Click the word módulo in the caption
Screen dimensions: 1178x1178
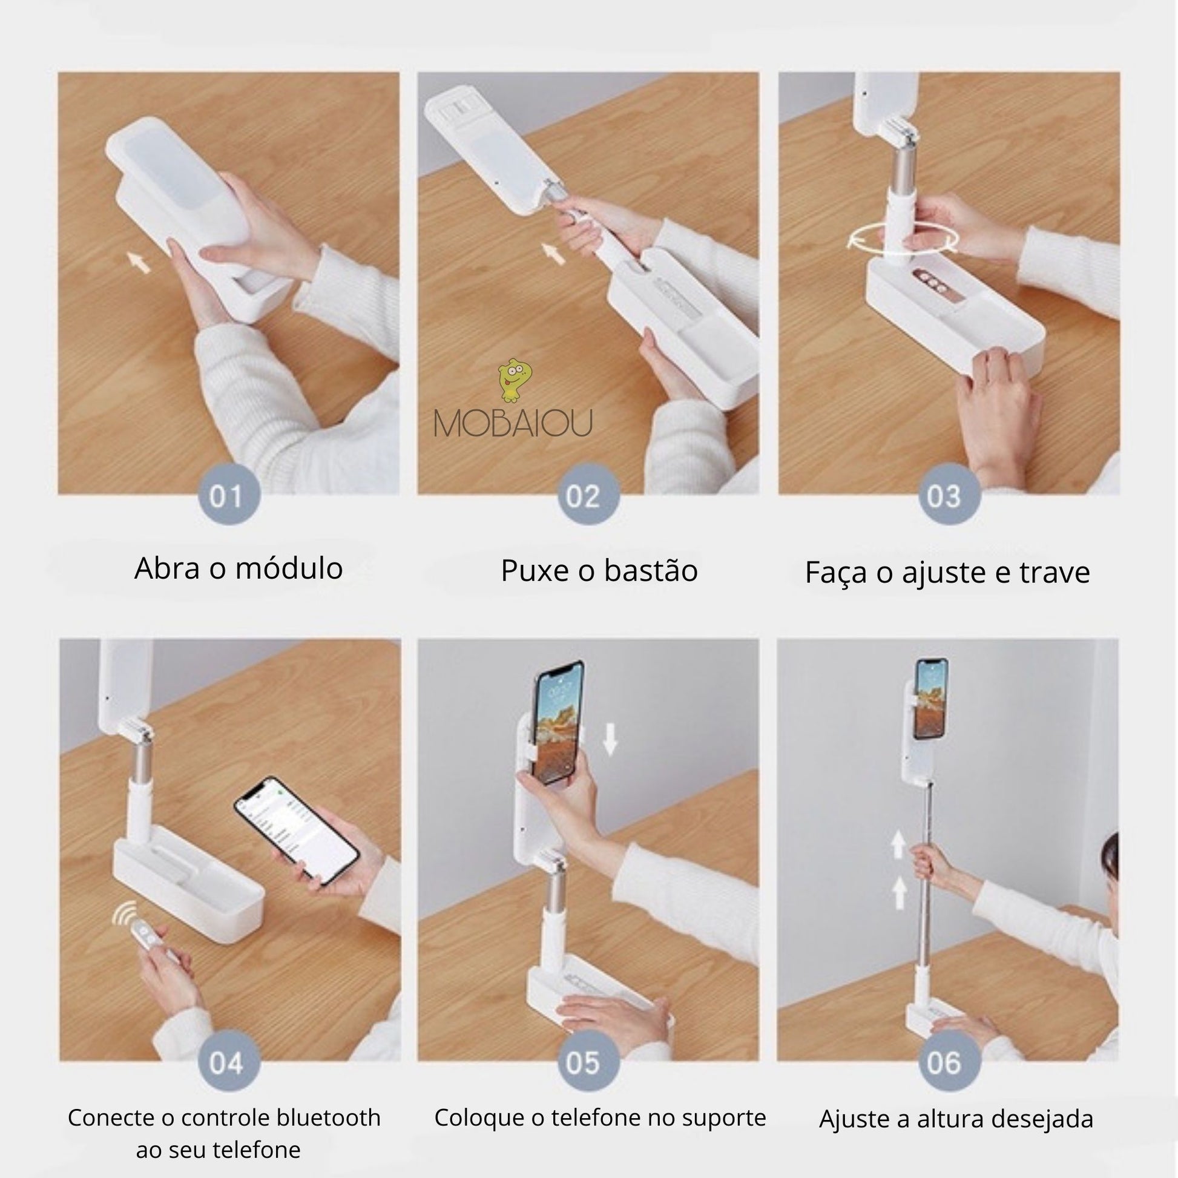coord(289,568)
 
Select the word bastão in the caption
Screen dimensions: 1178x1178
coord(651,571)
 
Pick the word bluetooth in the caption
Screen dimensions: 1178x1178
coord(329,1117)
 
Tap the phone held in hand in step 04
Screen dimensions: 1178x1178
coord(297,830)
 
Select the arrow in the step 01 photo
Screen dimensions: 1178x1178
coord(140,263)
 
